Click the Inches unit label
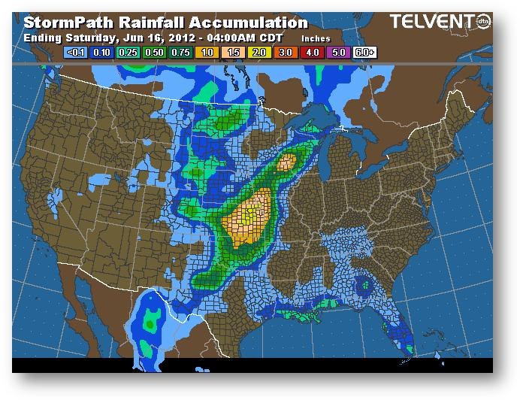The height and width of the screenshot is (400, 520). (316, 38)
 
